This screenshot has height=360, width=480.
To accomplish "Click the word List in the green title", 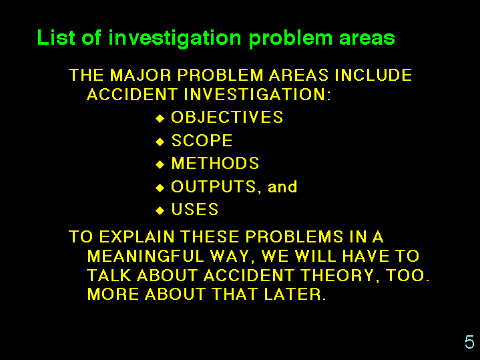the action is tap(56, 37).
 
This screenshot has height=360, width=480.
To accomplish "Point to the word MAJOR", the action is tap(140, 75).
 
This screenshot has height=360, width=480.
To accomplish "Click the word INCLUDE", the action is tap(373, 75).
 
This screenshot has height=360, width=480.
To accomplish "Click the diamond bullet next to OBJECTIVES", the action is tap(160, 118).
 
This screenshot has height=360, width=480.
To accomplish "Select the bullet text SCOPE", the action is tap(202, 140).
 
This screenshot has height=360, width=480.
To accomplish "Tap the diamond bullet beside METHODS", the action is tap(160, 164).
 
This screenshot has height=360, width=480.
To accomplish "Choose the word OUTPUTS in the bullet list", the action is tap(214, 186).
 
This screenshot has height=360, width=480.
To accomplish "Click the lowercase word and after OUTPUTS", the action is tap(282, 187).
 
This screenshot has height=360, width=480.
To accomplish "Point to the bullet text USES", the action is tap(195, 210).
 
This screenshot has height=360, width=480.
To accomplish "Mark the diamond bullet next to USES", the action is tap(160, 211).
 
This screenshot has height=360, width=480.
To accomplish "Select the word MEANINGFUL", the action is tap(146, 256).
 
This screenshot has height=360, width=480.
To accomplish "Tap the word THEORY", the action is tap(338, 275).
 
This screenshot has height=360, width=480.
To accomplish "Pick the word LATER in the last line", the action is tap(292, 294).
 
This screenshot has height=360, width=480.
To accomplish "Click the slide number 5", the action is tap(469, 342).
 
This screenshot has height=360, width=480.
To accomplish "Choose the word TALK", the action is tap(109, 275).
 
